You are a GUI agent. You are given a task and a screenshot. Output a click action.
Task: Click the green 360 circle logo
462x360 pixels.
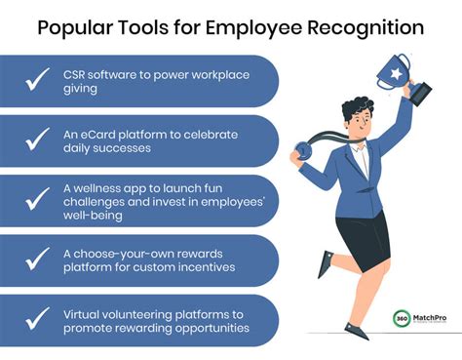coord(402,319)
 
